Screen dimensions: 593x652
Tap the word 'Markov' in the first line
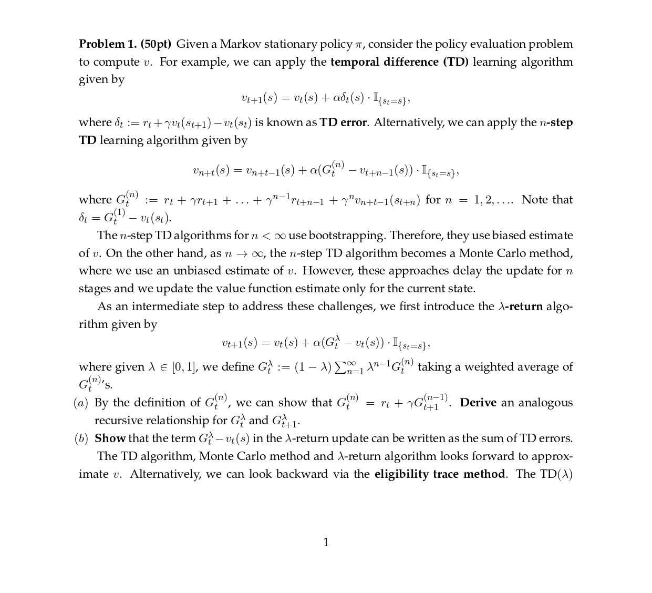click(240, 44)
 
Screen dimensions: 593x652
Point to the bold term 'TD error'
click(343, 122)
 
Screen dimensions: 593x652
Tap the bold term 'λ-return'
click(520, 306)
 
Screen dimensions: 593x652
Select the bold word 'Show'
click(110, 438)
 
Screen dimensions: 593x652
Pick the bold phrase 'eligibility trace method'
click(440, 474)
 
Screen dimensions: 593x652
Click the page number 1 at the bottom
click(326, 543)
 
